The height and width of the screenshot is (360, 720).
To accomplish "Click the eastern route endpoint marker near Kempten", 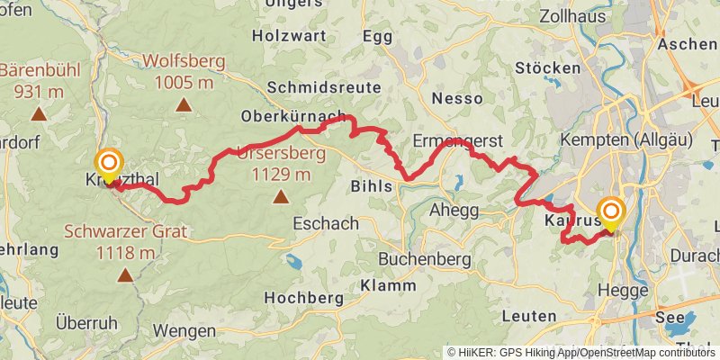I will (x=611, y=214).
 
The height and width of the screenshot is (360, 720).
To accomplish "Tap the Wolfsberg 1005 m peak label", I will (x=184, y=73).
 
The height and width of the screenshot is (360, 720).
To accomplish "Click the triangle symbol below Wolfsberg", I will (x=184, y=104).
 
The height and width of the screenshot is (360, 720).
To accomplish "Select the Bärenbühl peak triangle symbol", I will (x=38, y=113).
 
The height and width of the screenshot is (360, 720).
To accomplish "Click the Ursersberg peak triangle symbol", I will (x=281, y=195).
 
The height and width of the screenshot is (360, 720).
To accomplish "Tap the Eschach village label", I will (x=326, y=223).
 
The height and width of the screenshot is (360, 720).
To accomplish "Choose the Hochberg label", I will (x=305, y=297).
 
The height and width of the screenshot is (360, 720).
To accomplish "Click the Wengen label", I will (x=184, y=330).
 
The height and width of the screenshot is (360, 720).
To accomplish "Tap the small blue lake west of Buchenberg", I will (x=292, y=261).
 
